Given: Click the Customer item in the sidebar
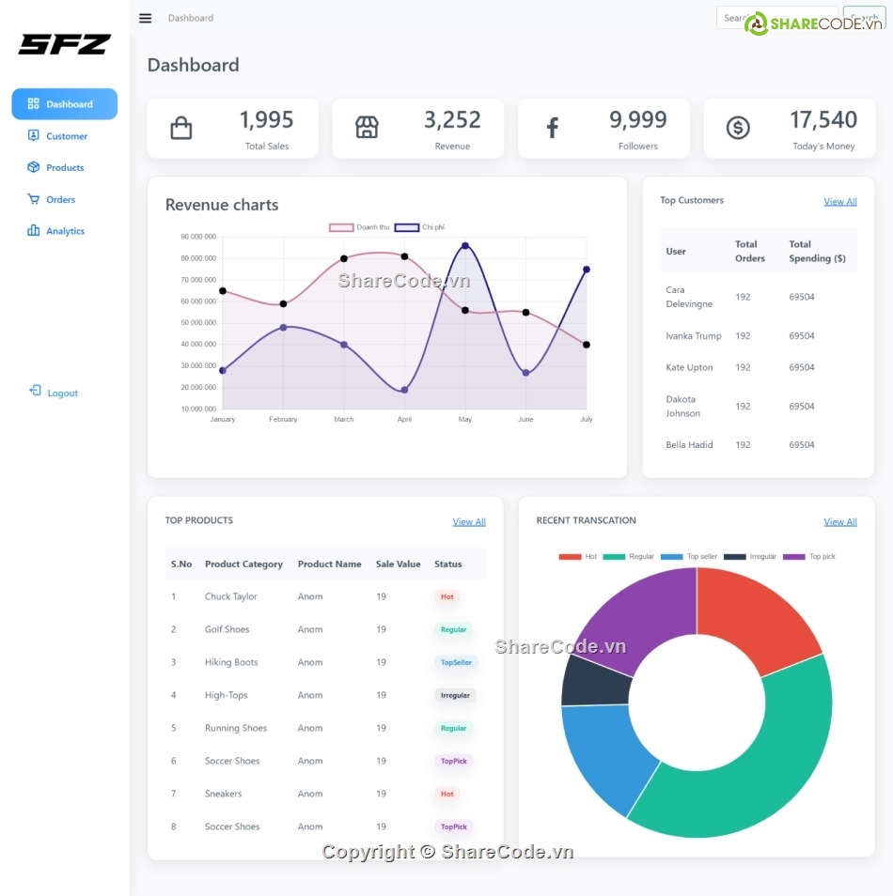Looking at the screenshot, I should (66, 136).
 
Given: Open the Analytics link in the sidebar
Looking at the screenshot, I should (65, 231).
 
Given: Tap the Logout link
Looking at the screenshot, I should (62, 393).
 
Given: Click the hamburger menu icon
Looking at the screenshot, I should (145, 18).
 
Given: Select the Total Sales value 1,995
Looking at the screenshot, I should (266, 120).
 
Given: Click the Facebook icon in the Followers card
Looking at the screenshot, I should (553, 129).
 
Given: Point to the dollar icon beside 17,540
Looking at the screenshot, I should (738, 128).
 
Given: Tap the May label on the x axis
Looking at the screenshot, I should (464, 420).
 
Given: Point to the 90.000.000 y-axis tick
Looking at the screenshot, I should (198, 237).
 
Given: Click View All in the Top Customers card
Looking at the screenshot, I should (839, 202).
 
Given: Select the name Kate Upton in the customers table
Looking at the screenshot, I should (689, 367).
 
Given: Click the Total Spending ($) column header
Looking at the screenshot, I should (817, 251).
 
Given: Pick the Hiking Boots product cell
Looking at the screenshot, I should (231, 662).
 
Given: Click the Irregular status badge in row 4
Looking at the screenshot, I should (455, 696).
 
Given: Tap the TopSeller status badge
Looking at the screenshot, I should (456, 663).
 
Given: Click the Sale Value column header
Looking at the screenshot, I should (398, 564).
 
